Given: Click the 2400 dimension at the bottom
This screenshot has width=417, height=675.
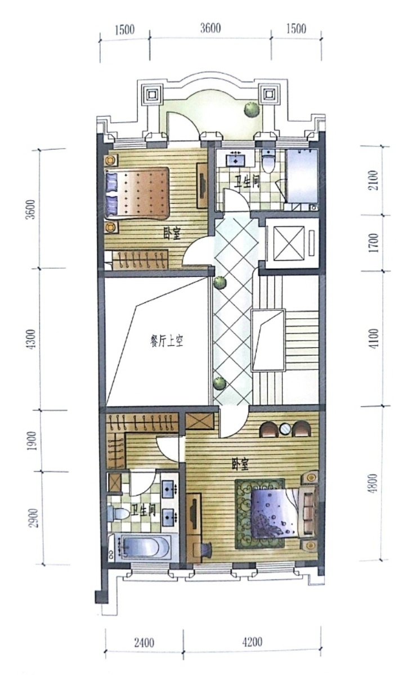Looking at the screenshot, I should [144, 641].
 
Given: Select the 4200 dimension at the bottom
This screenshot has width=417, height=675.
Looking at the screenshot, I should [252, 641].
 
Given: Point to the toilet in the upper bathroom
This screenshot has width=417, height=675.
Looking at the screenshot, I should [269, 162].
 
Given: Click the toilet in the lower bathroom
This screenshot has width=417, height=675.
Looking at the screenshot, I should [116, 513].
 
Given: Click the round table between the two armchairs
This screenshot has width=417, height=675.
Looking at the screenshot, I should [285, 429].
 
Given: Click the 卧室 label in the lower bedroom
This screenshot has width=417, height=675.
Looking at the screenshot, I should [240, 464].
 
